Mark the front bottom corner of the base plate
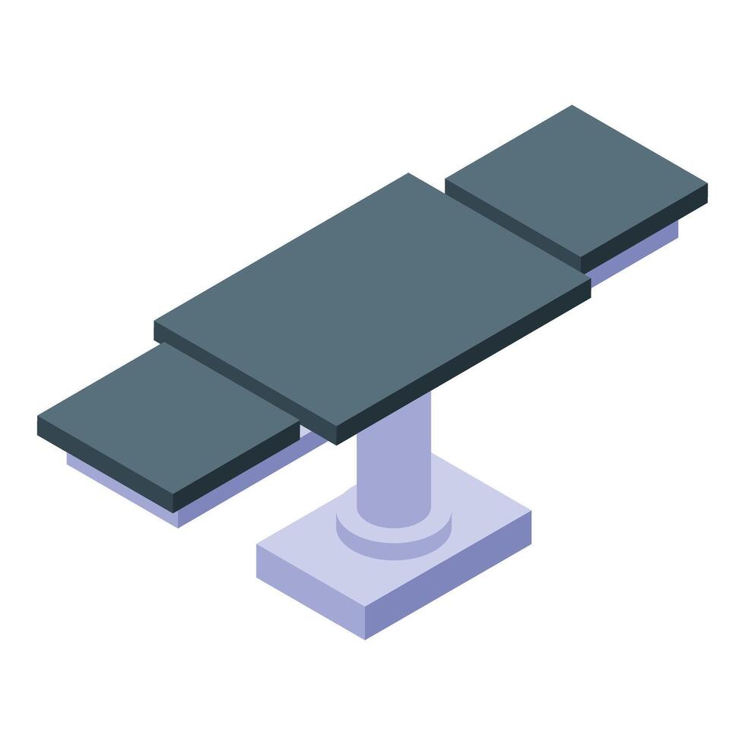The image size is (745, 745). (x=366, y=637)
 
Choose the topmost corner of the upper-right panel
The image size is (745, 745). (x=572, y=106)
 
